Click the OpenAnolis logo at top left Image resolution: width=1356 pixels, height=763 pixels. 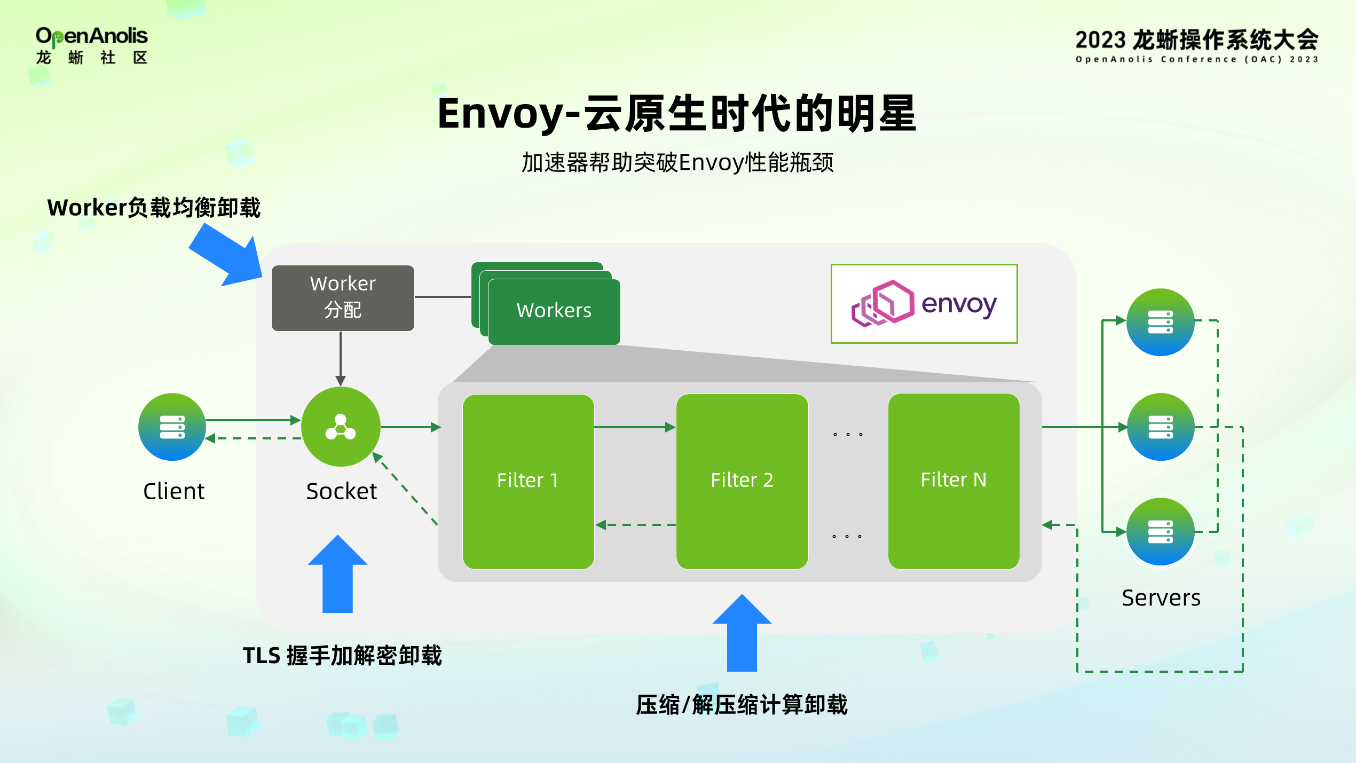pyautogui.click(x=91, y=45)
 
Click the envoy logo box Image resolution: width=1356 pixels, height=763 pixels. pyautogui.click(x=924, y=304)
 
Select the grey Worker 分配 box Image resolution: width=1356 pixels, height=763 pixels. pyautogui.click(x=343, y=298)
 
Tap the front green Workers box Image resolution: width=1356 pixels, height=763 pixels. pyautogui.click(x=554, y=311)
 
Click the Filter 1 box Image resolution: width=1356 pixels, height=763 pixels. pyautogui.click(x=528, y=481)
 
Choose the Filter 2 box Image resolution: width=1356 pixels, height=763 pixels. pyautogui.click(x=742, y=481)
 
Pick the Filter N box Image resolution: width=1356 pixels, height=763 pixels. pyautogui.click(x=953, y=481)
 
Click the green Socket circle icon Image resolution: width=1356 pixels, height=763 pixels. pyautogui.click(x=341, y=427)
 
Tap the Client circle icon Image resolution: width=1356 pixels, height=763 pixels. pyautogui.click(x=172, y=427)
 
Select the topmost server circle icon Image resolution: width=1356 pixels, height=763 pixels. pyautogui.click(x=1160, y=322)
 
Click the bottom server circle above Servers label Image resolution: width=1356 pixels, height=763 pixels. pyautogui.click(x=1160, y=532)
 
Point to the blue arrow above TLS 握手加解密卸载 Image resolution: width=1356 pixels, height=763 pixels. pyautogui.click(x=337, y=575)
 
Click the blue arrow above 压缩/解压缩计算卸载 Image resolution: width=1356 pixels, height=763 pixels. pyautogui.click(x=742, y=633)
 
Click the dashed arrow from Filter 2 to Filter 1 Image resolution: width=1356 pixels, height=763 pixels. pyautogui.click(x=635, y=525)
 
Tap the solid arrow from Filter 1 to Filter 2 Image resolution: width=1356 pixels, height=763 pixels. pyautogui.click(x=634, y=427)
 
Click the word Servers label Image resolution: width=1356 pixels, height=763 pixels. pyautogui.click(x=1161, y=598)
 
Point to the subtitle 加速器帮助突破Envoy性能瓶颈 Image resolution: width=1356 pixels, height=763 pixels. pyautogui.click(x=677, y=162)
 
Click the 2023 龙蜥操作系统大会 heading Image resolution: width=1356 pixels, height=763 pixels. pyautogui.click(x=1196, y=40)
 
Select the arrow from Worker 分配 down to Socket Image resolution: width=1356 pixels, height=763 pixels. pyautogui.click(x=341, y=358)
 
